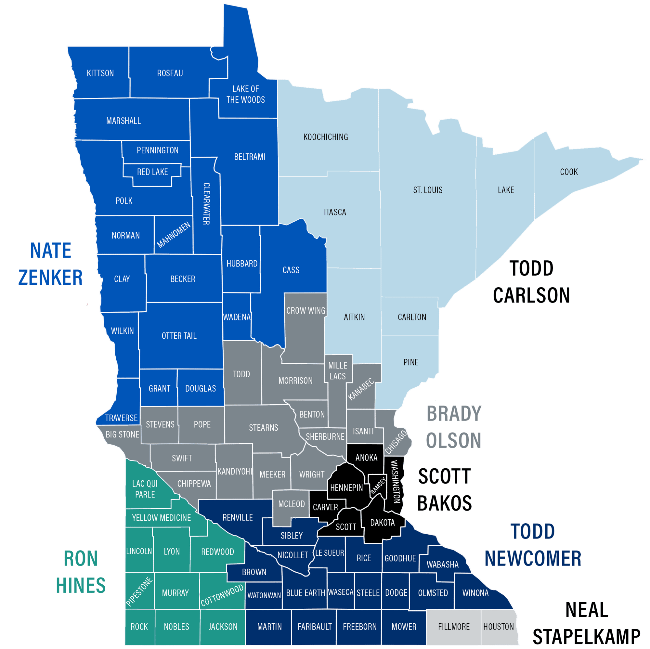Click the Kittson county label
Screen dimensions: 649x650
(100, 73)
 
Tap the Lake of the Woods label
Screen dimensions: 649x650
(246, 94)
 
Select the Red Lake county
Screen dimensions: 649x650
(152, 172)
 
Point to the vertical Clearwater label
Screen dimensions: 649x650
(207, 203)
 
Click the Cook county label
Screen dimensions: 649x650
(568, 172)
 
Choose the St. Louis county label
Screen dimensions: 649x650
(428, 190)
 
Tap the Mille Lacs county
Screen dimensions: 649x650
(337, 371)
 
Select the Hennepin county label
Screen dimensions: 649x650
(346, 487)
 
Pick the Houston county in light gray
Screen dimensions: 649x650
(498, 627)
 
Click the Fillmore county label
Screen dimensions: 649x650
(453, 627)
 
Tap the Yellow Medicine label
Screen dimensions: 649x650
(161, 517)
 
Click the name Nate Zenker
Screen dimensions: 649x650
(50, 264)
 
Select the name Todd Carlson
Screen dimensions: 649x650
(531, 282)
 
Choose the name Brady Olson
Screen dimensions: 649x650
(454, 427)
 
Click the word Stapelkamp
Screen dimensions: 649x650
(586, 637)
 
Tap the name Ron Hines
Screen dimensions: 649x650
(81, 572)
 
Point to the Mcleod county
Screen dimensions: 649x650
(291, 504)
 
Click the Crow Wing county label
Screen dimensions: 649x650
(305, 311)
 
